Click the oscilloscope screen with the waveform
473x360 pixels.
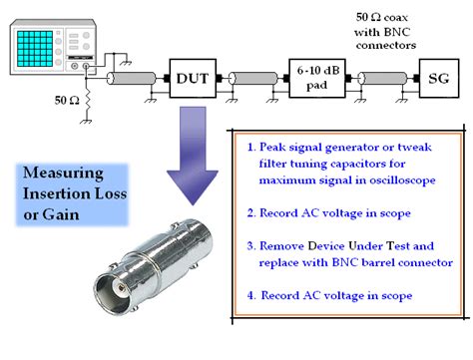(x=39, y=46)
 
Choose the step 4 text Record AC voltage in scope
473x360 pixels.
(x=330, y=295)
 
